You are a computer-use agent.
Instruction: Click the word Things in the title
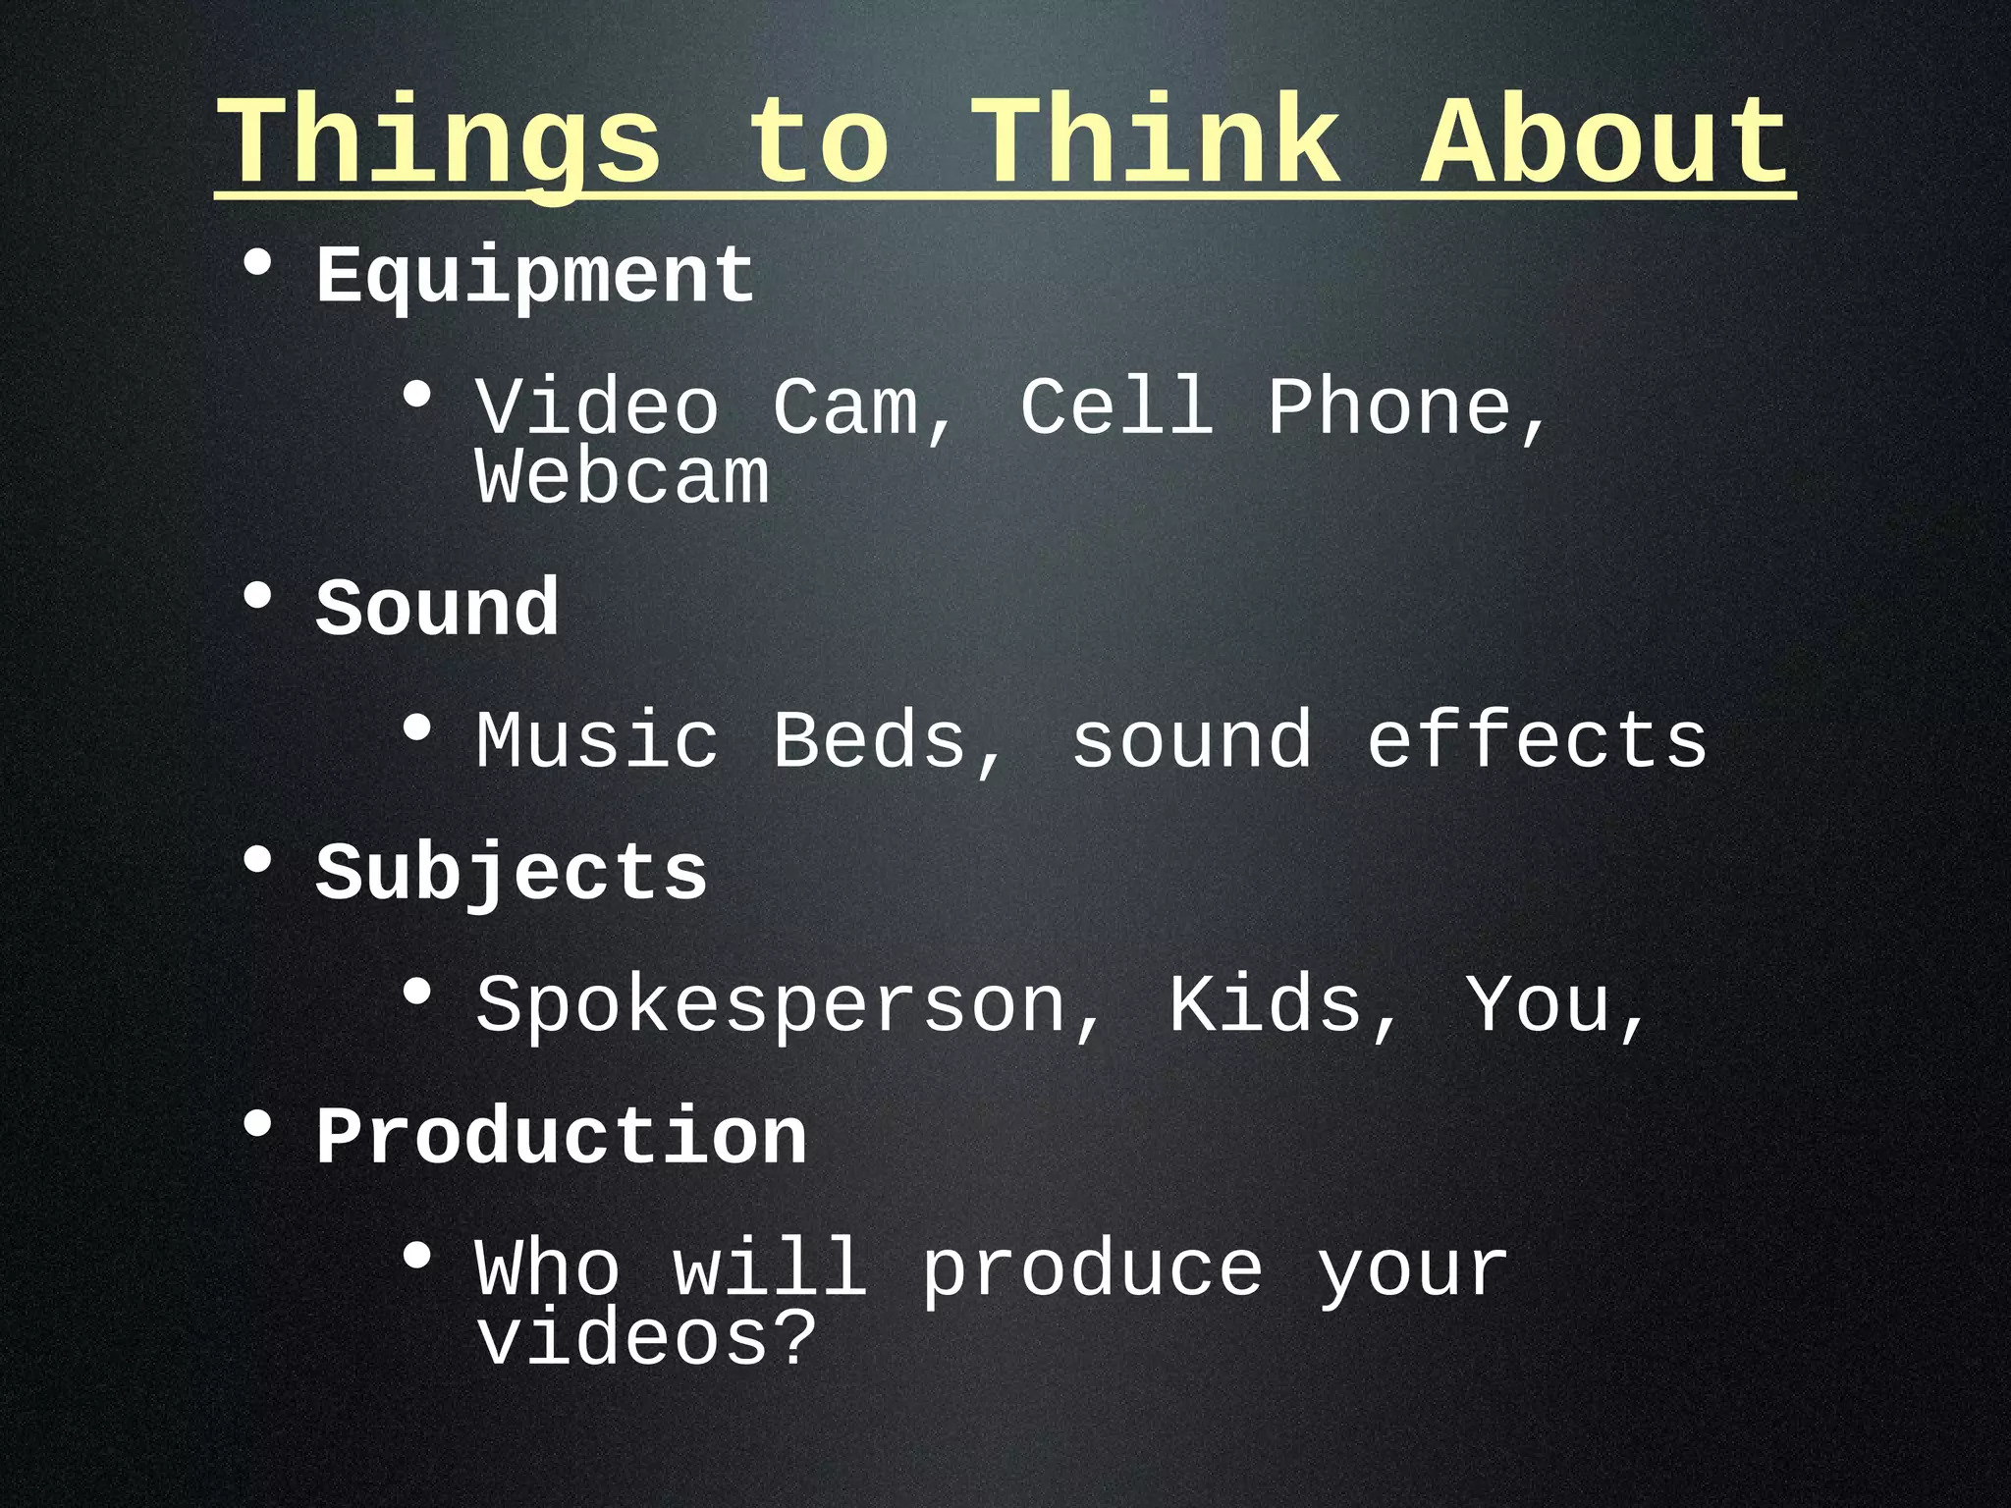[x=439, y=142]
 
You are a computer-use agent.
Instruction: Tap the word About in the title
[x=1606, y=142]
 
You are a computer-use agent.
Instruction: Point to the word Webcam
[x=623, y=478]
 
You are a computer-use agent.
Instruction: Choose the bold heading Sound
[x=437, y=609]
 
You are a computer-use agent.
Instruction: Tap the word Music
[x=597, y=740]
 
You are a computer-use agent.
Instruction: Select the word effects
[x=1537, y=740]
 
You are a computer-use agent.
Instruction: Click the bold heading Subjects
[x=511, y=873]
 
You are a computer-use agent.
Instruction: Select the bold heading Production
[x=561, y=1137]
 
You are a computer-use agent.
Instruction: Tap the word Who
[x=548, y=1269]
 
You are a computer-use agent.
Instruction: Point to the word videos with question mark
[x=646, y=1339]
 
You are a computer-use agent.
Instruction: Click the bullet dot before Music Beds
[x=417, y=728]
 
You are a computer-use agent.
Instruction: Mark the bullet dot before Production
[x=257, y=1125]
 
